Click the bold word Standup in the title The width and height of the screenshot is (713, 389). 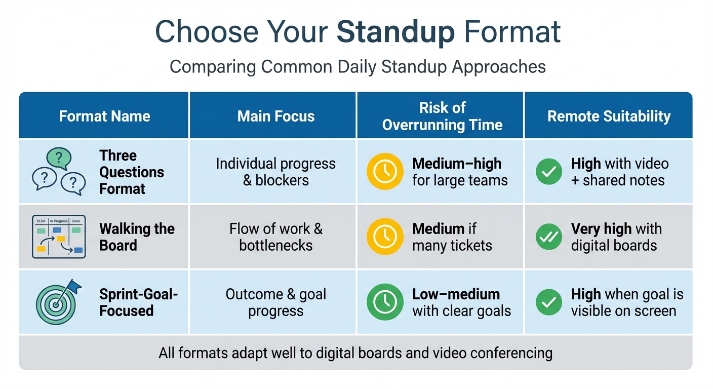pyautogui.click(x=395, y=31)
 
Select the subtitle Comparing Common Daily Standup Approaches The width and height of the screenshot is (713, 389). pyautogui.click(x=358, y=67)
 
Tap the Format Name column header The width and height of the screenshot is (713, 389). pyautogui.click(x=104, y=116)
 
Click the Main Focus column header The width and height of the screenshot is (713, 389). pyautogui.click(x=276, y=116)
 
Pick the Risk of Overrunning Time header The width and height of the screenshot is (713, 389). pyautogui.click(x=442, y=116)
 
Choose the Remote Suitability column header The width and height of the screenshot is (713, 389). pyautogui.click(x=609, y=116)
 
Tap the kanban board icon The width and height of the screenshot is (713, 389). pyautogui.click(x=58, y=237)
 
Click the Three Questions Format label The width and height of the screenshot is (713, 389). pyautogui.click(x=131, y=172)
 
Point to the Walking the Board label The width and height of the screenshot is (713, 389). pyautogui.click(x=137, y=237)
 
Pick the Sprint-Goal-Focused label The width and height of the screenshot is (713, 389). pyautogui.click(x=138, y=302)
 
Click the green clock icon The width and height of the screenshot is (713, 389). pyautogui.click(x=385, y=302)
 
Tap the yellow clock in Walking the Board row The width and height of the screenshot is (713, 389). pyautogui.click(x=385, y=237)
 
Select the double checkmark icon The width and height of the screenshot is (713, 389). pyautogui.click(x=549, y=237)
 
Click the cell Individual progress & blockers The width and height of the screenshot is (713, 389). pyautogui.click(x=276, y=172)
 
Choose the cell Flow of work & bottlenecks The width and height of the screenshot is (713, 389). pyautogui.click(x=276, y=237)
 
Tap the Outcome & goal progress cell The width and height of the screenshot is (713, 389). pyautogui.click(x=276, y=302)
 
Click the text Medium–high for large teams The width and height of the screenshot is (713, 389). pyautogui.click(x=459, y=172)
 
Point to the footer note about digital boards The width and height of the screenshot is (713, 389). pyautogui.click(x=355, y=353)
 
